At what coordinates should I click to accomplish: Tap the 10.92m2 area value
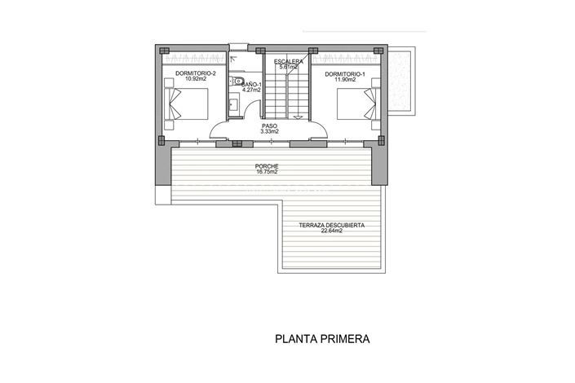[x=194, y=80]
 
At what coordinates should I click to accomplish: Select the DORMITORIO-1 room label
[x=345, y=74]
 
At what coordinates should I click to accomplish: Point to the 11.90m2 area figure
[x=345, y=81]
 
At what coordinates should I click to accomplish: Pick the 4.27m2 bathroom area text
[x=250, y=90]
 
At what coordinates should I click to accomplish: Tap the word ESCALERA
[x=290, y=62]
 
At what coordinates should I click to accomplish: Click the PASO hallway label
[x=270, y=125]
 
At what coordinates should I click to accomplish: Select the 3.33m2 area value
[x=270, y=132]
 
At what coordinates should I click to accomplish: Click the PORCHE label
[x=267, y=165]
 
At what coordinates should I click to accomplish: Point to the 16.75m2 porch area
[x=267, y=172]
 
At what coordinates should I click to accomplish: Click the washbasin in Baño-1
[x=233, y=103]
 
